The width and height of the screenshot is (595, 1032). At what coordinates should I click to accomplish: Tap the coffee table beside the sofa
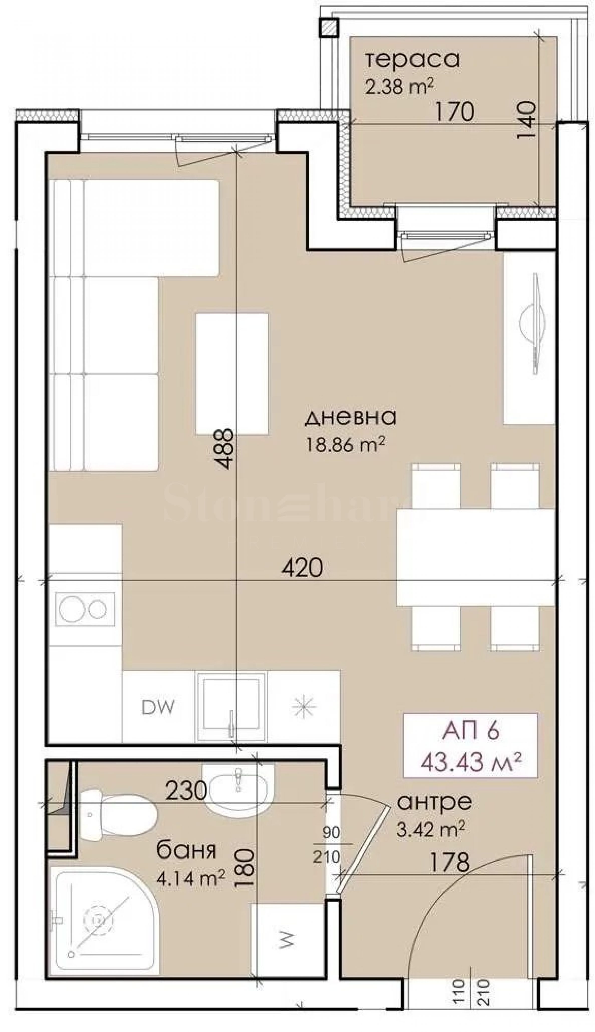(232, 373)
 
